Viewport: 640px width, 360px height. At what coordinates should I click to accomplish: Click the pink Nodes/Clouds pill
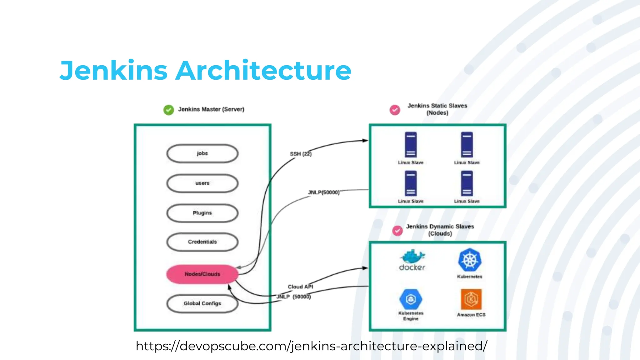pyautogui.click(x=202, y=274)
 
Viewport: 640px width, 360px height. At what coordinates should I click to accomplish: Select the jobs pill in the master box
pyautogui.click(x=202, y=153)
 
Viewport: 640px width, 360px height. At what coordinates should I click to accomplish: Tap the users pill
pyautogui.click(x=202, y=183)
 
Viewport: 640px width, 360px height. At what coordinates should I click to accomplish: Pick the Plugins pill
pyautogui.click(x=202, y=213)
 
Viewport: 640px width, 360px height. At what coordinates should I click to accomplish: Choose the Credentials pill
pyautogui.click(x=202, y=242)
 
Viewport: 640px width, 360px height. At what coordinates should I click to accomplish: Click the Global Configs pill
pyautogui.click(x=202, y=303)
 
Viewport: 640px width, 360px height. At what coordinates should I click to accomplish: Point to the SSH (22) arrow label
pyautogui.click(x=301, y=154)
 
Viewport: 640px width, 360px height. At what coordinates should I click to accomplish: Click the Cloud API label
pyautogui.click(x=300, y=287)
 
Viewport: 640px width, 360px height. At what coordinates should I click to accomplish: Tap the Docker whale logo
pyautogui.click(x=412, y=257)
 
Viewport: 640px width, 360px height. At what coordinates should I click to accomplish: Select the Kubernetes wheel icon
pyautogui.click(x=470, y=260)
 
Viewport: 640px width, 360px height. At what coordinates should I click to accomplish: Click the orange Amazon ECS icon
pyautogui.click(x=471, y=299)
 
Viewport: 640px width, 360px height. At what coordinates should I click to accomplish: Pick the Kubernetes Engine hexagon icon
pyautogui.click(x=411, y=299)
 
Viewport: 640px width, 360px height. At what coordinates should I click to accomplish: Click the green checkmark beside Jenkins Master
pyautogui.click(x=169, y=110)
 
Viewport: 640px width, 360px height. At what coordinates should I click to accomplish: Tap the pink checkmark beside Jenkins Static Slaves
pyautogui.click(x=395, y=110)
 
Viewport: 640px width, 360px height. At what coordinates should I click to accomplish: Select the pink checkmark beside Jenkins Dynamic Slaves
pyautogui.click(x=397, y=231)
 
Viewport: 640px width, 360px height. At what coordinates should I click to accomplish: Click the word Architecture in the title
pyautogui.click(x=263, y=71)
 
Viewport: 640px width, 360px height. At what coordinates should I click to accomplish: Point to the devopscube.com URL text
pyautogui.click(x=311, y=346)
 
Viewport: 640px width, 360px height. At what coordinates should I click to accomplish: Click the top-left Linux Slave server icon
pyautogui.click(x=411, y=145)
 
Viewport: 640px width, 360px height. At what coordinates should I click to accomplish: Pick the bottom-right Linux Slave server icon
pyautogui.click(x=467, y=183)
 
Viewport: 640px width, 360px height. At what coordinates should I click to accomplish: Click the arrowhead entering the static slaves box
pyautogui.click(x=365, y=141)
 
